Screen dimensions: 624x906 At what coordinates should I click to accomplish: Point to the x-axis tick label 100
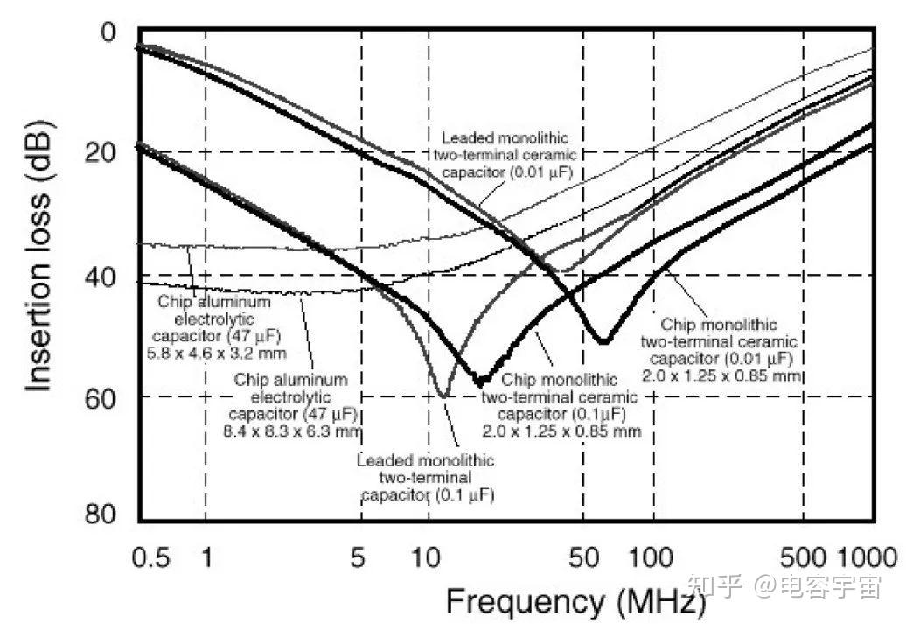(x=652, y=558)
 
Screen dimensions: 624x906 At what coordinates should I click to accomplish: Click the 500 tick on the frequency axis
(x=803, y=558)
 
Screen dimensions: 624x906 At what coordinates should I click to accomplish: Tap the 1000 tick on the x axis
(x=867, y=558)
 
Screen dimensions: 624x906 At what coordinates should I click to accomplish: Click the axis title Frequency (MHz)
(x=575, y=602)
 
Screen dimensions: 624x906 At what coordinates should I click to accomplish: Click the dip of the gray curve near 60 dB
(x=445, y=396)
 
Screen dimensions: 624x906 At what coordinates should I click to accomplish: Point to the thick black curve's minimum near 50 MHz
(x=603, y=340)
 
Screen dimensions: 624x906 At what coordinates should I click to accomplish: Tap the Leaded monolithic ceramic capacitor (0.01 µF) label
(x=505, y=155)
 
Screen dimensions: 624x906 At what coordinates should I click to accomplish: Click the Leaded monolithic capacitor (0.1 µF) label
(x=425, y=478)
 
